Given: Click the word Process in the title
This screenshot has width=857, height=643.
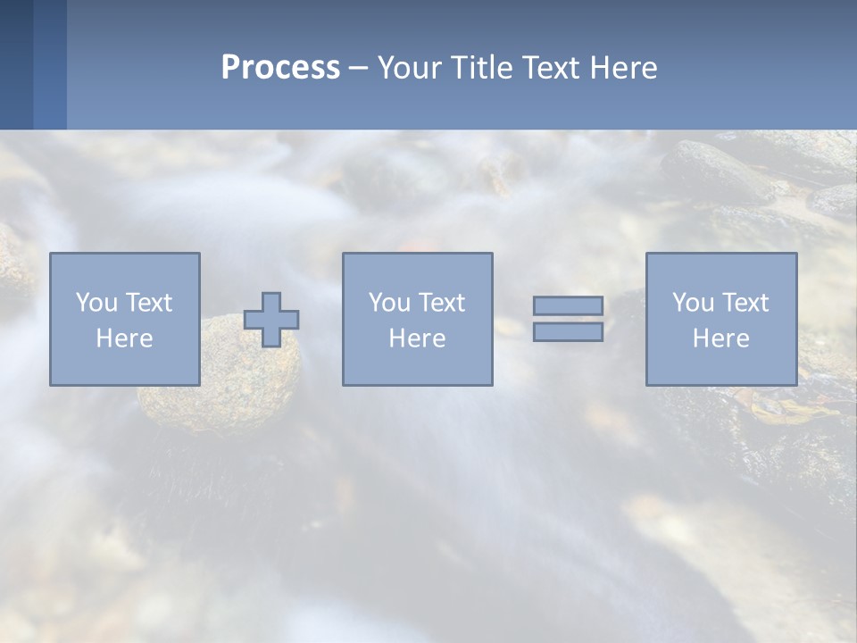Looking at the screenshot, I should pyautogui.click(x=280, y=68).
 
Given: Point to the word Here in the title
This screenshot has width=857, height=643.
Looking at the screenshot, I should pyautogui.click(x=624, y=68).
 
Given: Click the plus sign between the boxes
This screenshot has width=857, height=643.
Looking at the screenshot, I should pyautogui.click(x=271, y=320).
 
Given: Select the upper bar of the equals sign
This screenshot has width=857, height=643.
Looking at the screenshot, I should pyautogui.click(x=568, y=305).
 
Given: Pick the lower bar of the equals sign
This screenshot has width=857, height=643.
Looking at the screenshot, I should pyautogui.click(x=568, y=332).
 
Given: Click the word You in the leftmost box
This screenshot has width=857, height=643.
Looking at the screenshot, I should pyautogui.click(x=96, y=303).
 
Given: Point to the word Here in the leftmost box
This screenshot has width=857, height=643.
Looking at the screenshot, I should pyautogui.click(x=124, y=338).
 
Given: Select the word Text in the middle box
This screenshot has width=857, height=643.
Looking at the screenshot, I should pyautogui.click(x=441, y=303).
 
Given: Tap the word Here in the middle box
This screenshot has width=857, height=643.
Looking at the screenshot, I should pyautogui.click(x=417, y=338).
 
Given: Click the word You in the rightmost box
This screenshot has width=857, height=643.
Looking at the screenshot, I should pyautogui.click(x=693, y=303).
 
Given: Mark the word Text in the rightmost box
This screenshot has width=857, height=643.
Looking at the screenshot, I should pyautogui.click(x=745, y=303).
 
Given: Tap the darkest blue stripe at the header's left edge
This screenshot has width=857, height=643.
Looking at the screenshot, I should pyautogui.click(x=16, y=64).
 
